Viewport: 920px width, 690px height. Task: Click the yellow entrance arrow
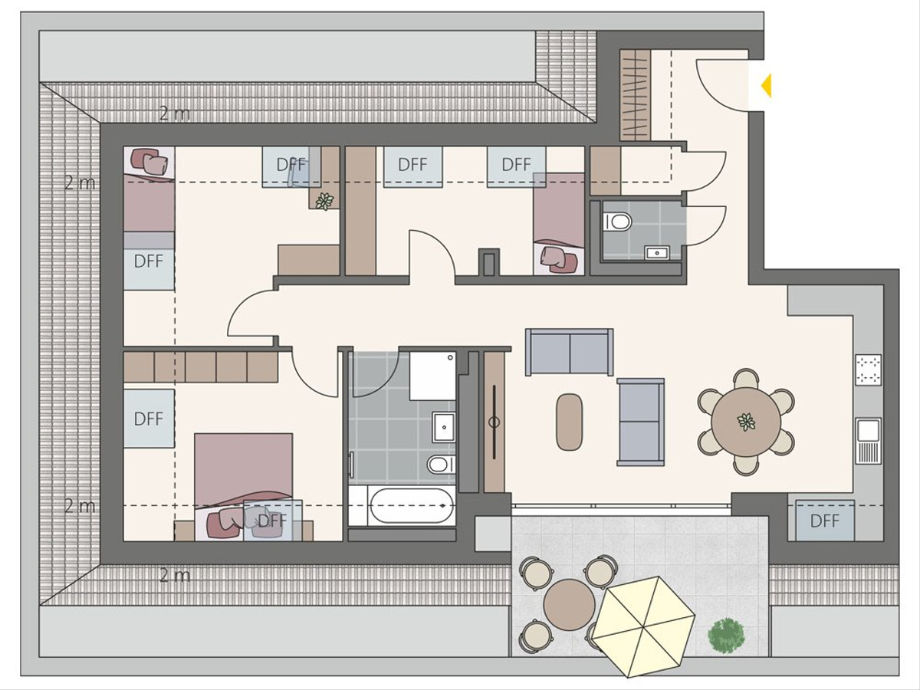(767, 86)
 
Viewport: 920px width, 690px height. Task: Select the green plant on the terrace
(726, 634)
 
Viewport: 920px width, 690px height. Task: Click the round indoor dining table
(746, 422)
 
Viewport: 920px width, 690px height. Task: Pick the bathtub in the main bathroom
(412, 505)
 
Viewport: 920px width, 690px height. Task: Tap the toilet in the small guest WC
(618, 222)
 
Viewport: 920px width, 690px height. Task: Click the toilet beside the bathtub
(441, 464)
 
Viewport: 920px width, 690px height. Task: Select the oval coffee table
(569, 422)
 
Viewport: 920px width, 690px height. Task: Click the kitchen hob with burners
(869, 370)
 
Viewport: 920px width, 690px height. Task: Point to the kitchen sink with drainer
(869, 440)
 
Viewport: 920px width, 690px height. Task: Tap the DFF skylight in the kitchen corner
(824, 521)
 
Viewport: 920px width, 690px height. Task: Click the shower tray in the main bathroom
(432, 376)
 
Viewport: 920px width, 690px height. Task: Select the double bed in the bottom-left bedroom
(243, 487)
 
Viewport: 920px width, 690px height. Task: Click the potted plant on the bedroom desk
(324, 201)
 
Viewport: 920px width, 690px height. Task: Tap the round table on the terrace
(569, 604)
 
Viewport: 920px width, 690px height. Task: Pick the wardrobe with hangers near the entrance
(635, 95)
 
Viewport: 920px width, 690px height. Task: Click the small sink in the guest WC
(657, 253)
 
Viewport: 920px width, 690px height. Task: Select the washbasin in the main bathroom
(444, 427)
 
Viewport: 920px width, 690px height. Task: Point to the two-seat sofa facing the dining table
(640, 422)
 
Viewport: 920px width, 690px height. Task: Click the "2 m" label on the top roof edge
(175, 113)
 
